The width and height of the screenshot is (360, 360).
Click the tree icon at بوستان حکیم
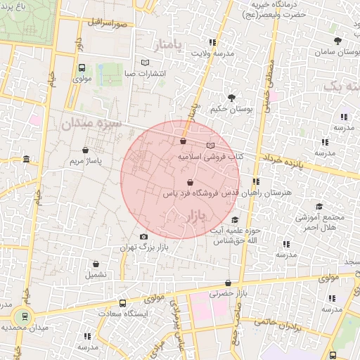click(x=231, y=97)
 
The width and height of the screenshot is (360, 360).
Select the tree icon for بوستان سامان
click(x=338, y=41)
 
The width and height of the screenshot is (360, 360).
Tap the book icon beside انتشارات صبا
click(x=145, y=63)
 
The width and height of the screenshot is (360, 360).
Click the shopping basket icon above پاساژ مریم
click(x=85, y=150)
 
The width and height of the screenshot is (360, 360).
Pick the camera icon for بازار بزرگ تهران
click(x=144, y=237)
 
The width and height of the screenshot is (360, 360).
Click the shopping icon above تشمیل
click(x=96, y=264)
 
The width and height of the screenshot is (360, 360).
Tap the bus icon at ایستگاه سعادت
click(x=122, y=304)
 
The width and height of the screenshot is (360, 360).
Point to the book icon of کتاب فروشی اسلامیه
click(x=209, y=145)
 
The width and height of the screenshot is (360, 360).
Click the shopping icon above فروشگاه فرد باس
click(x=191, y=183)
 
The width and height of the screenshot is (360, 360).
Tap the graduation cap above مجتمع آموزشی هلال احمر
click(x=319, y=206)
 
